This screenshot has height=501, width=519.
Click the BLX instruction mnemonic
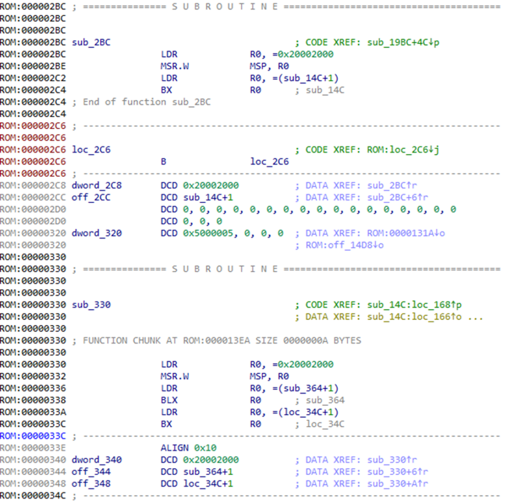[169, 400]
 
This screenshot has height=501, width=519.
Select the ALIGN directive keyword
[174, 448]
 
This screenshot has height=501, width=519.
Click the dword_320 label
[97, 234]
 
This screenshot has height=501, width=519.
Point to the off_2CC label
[91, 198]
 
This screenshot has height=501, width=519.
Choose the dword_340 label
[97, 459]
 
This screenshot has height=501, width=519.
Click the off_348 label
[91, 483]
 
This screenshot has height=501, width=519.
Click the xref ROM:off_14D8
[339, 245]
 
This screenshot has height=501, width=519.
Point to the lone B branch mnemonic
[164, 162]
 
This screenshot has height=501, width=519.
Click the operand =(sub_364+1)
[306, 388]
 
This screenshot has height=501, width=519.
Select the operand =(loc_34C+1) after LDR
[306, 412]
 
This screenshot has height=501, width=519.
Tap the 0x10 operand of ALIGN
[205, 448]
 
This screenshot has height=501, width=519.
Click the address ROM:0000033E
[33, 448]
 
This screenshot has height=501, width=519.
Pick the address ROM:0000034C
[33, 496]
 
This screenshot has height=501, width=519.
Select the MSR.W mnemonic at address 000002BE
[175, 66]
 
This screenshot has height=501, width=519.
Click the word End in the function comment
[91, 102]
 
